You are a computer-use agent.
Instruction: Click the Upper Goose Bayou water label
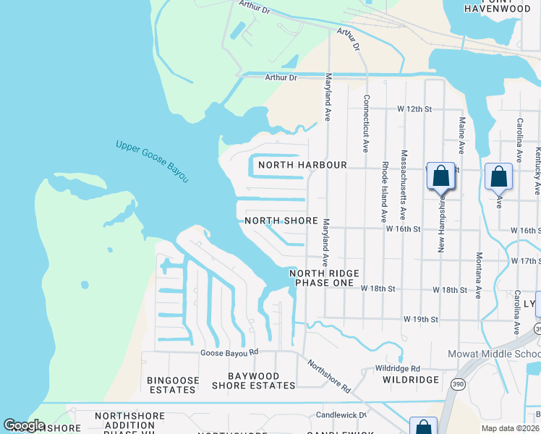tap(152, 161)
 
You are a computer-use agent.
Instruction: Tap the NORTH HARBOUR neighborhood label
tap(293, 165)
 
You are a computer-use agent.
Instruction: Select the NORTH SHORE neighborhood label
tap(281, 221)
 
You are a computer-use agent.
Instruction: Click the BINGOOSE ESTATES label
tap(171, 385)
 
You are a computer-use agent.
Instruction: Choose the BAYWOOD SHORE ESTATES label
tap(253, 380)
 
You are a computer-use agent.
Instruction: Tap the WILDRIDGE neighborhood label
tap(410, 380)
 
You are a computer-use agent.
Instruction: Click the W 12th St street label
tap(414, 109)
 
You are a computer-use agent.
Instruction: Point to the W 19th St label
tap(421, 319)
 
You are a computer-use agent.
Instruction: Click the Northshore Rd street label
tap(329, 376)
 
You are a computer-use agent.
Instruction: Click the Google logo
tap(24, 425)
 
